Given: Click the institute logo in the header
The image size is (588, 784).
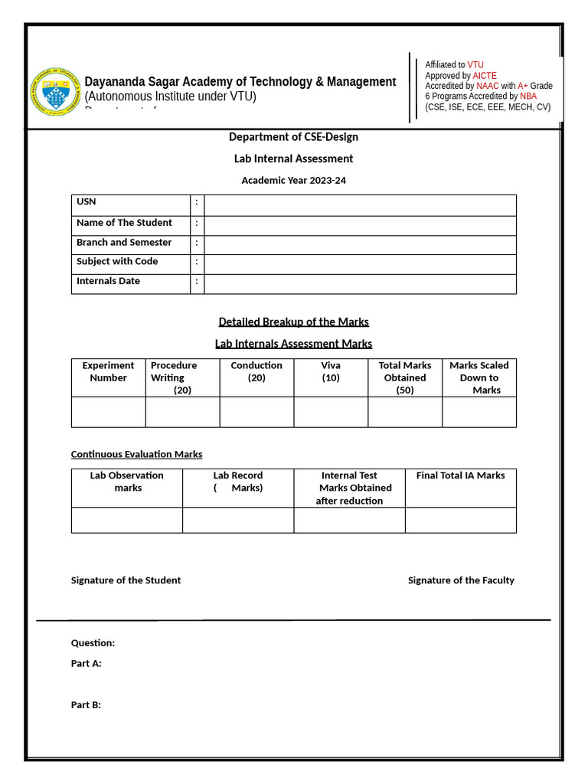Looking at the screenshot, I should pos(54,92).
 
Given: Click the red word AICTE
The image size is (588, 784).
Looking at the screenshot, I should pos(485,76).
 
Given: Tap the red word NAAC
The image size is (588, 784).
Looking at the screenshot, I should pos(487,86).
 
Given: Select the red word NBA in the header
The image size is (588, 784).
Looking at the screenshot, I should pos(528,96).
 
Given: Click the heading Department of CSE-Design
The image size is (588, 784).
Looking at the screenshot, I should pos(293,137).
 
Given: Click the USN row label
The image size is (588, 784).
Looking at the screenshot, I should pos(87,202).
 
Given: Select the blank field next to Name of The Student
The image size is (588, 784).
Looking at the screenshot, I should pos(360,225).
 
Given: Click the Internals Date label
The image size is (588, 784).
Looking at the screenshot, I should pos(108,281).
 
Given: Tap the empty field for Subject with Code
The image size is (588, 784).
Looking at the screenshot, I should pos(360,264).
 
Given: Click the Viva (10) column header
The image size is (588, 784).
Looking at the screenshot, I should pos(331,371).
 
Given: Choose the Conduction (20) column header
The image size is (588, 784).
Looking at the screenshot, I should pos(256,371).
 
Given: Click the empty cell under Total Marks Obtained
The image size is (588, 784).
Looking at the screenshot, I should pos(405,412).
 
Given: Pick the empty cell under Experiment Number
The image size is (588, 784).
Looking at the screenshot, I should pos(108,412).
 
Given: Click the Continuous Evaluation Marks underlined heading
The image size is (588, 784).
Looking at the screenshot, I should pos(136,454).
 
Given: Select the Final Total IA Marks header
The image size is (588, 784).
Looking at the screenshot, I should pos(460,475).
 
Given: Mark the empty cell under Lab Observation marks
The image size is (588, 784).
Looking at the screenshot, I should pos(126,520).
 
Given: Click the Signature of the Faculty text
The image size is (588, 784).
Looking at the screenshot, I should pos(461,580).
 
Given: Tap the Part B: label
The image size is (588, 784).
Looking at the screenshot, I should pos(86,705).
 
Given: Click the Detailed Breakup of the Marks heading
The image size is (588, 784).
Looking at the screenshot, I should pos(293,322).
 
